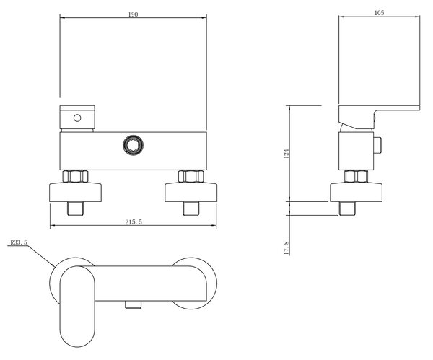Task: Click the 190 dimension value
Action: [133, 14]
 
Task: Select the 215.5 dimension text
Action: [134, 222]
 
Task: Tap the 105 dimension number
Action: [379, 13]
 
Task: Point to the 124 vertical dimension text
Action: [287, 154]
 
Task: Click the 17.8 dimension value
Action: [287, 248]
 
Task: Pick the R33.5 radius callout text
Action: [19, 242]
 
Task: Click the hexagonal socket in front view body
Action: [133, 145]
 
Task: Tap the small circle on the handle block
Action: [77, 118]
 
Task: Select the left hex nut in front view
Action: [75, 176]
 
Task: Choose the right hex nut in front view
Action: [191, 176]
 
